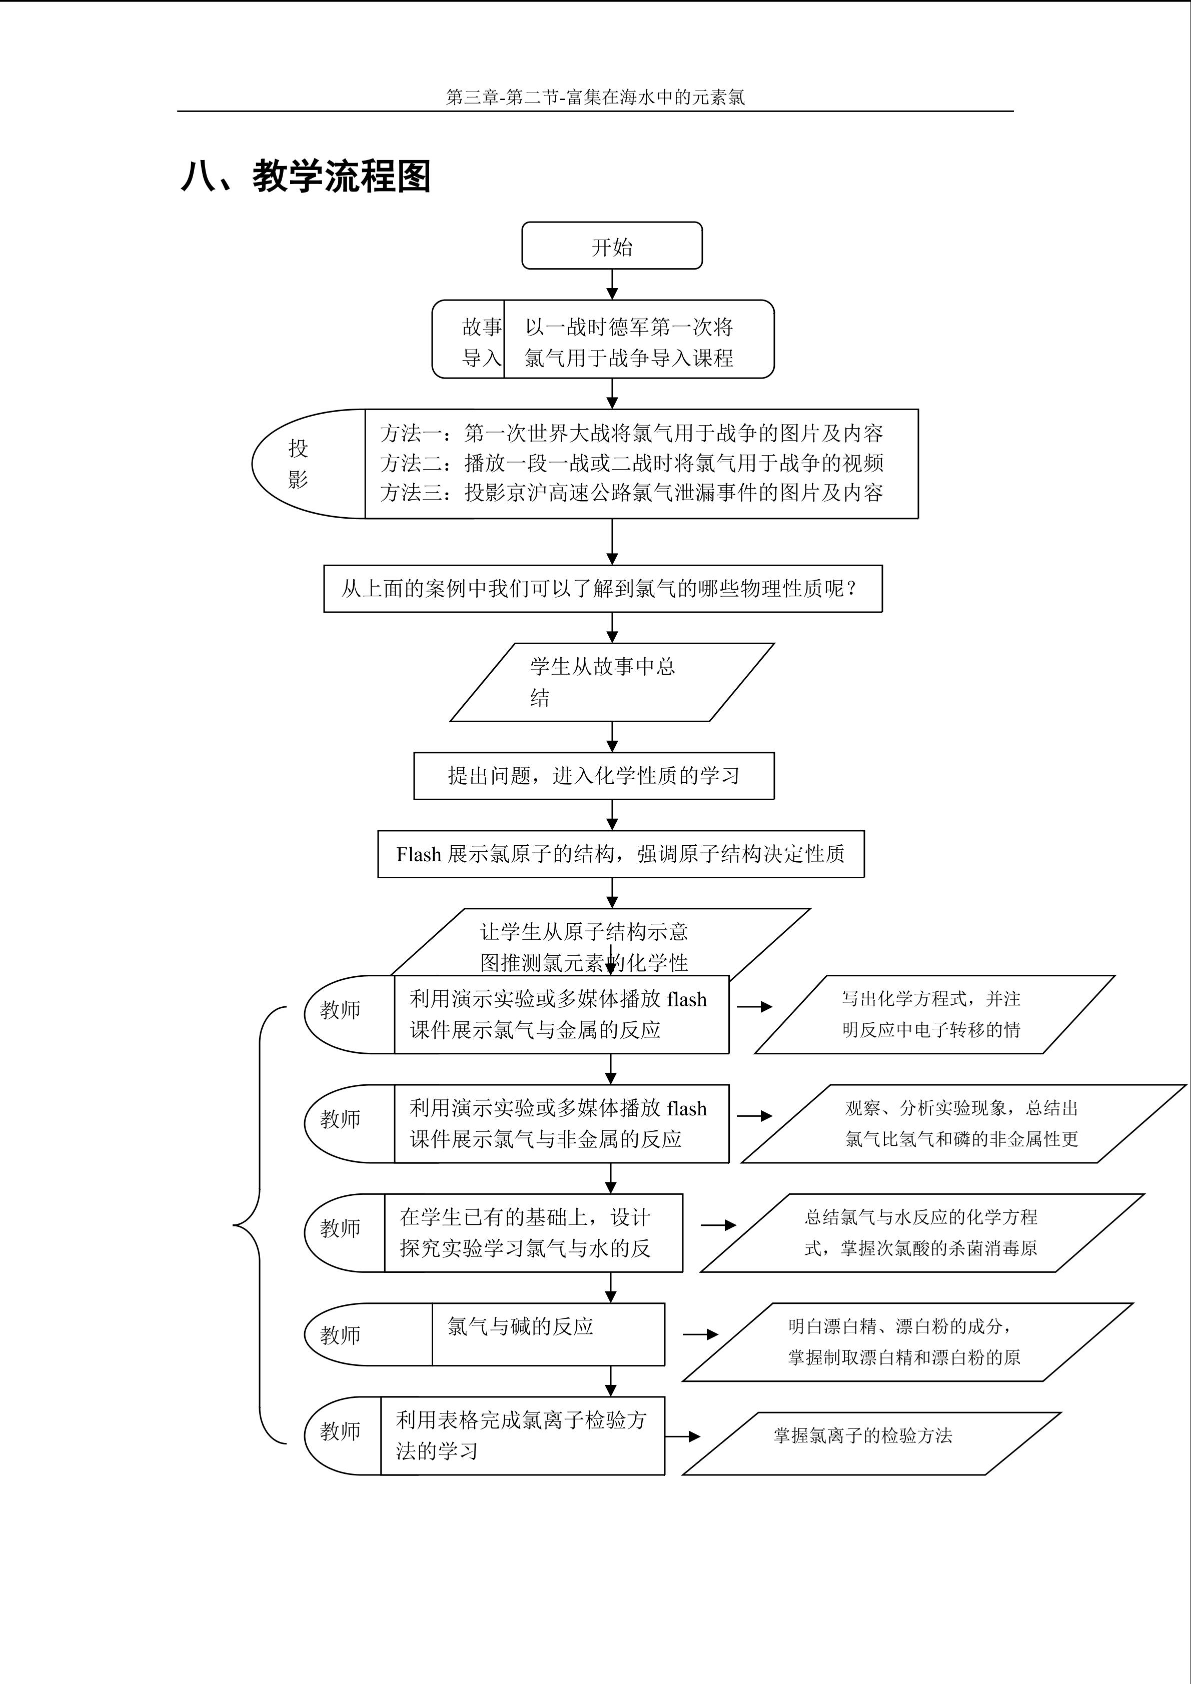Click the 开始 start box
pyautogui.click(x=612, y=246)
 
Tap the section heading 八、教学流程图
pyautogui.click(x=305, y=176)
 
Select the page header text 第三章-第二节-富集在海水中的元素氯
pyautogui.click(x=595, y=97)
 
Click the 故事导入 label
pyautogui.click(x=482, y=342)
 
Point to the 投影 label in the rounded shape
pyautogui.click(x=298, y=464)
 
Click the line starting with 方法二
pyautogui.click(x=631, y=463)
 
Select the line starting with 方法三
pyautogui.click(x=631, y=492)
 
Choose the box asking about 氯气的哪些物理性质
pyautogui.click(x=603, y=588)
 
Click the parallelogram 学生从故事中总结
pyautogui.click(x=612, y=682)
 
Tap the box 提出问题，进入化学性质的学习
pyautogui.click(x=594, y=775)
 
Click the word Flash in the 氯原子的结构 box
pyautogui.click(x=419, y=854)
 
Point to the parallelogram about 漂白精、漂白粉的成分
pyautogui.click(x=908, y=1342)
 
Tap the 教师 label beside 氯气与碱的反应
pyautogui.click(x=340, y=1335)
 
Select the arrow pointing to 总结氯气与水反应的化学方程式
pyautogui.click(x=718, y=1225)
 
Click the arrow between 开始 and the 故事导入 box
pyautogui.click(x=612, y=285)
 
